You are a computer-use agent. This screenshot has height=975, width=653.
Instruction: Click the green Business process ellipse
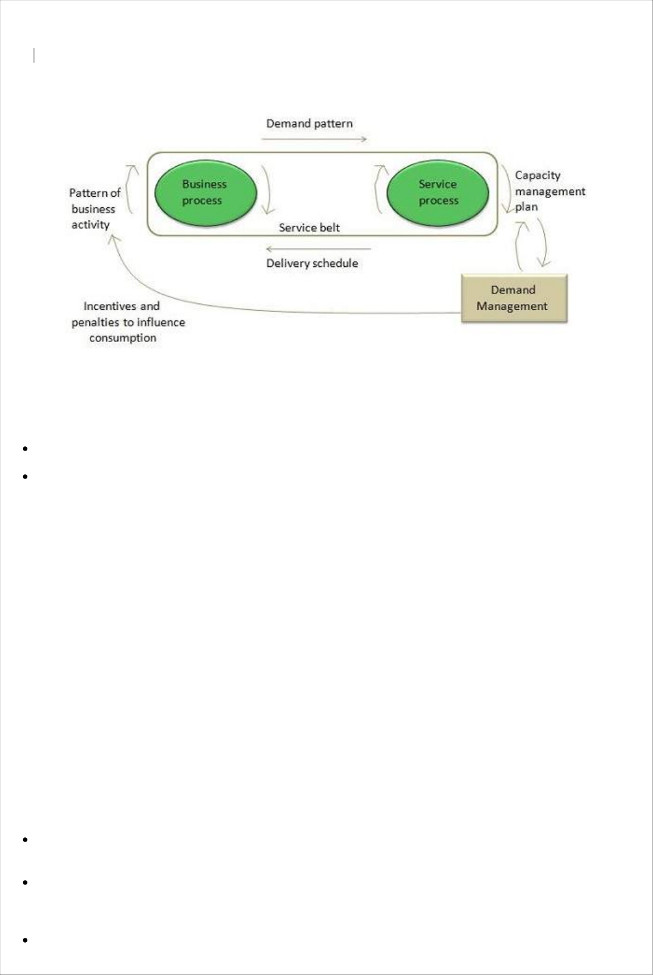point(205,192)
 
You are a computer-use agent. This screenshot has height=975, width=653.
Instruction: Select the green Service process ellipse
point(438,192)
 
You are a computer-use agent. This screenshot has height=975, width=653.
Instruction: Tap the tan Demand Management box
point(514,299)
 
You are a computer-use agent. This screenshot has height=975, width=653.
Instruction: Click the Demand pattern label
point(309,124)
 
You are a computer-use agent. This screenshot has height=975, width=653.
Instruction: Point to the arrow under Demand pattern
point(313,140)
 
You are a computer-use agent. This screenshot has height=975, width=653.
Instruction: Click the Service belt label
point(309,228)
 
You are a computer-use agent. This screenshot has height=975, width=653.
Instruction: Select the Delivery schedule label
point(312,263)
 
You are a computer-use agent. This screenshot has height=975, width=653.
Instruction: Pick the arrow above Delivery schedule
point(318,249)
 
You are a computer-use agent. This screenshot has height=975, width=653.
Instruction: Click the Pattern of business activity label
point(94,209)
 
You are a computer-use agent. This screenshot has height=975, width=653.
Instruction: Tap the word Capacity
point(538,176)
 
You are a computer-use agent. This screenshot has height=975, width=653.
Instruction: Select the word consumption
point(122,338)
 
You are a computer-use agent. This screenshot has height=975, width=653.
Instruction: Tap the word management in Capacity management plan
point(550,192)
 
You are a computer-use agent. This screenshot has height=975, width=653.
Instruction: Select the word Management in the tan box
point(511,306)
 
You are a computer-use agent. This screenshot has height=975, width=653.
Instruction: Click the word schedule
point(335,263)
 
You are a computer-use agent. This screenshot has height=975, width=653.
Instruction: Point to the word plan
point(526,207)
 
